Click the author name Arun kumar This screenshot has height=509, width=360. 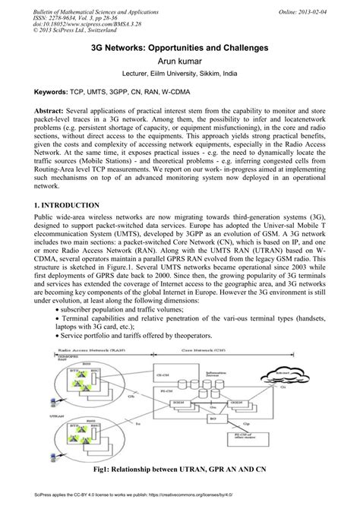(x=180, y=61)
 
